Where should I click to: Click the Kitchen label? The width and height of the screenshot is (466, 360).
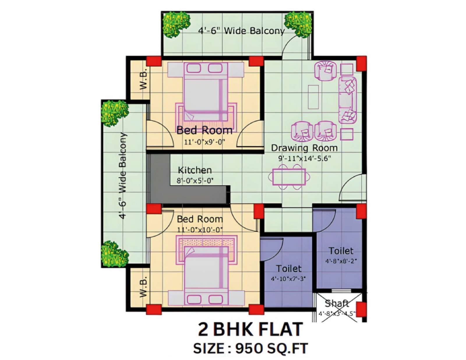tap(195, 170)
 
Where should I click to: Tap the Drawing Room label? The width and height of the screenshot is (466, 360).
tap(304, 148)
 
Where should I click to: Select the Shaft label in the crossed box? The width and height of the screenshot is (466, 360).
tap(337, 303)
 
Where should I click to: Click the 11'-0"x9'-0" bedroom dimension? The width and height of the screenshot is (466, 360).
tap(205, 142)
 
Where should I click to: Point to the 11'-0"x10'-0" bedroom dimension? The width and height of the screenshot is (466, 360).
tap(200, 230)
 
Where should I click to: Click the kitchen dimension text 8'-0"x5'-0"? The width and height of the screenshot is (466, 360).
tap(195, 181)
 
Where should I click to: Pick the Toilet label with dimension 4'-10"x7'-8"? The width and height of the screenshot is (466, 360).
tap(288, 268)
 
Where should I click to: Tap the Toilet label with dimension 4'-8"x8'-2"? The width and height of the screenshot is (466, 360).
tap(341, 251)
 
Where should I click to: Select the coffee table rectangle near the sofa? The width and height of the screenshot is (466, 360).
tap(313, 97)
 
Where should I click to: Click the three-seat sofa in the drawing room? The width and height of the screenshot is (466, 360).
tap(347, 100)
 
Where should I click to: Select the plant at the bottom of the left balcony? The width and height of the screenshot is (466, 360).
tap(114, 253)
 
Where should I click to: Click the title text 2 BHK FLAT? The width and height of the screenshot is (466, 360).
tap(250, 330)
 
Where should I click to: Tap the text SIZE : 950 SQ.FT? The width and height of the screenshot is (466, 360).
tap(250, 348)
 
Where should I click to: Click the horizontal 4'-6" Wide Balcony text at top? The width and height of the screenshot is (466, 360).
tap(241, 31)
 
